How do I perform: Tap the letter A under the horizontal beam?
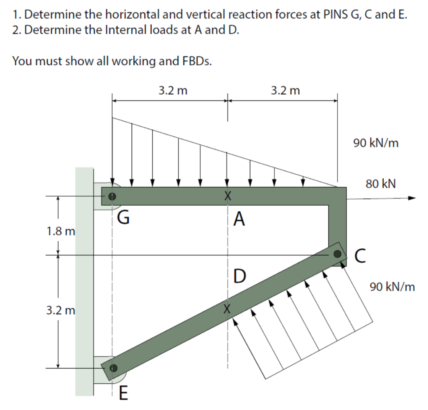[239, 218]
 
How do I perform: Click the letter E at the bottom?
[123, 394]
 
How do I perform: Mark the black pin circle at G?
[111, 196]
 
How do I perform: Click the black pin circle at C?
[338, 254]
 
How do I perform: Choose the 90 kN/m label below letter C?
[392, 287]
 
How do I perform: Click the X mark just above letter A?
[227, 196]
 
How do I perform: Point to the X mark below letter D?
[227, 309]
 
